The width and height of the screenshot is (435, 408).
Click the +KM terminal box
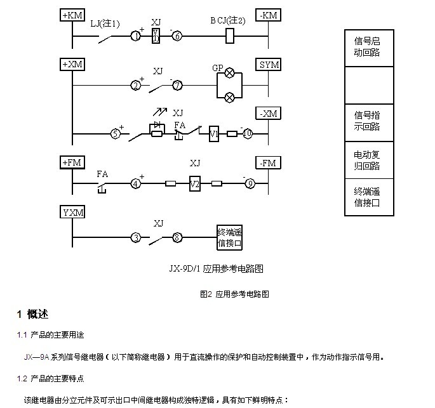[72, 15]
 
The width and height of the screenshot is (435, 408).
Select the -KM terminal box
[268, 15]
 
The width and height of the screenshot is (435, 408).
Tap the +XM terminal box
[72, 64]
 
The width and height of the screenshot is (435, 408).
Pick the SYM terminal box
[268, 64]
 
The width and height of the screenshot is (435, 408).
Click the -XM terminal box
[268, 114]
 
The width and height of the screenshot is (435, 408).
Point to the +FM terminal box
[72, 163]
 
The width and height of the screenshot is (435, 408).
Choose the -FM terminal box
[268, 163]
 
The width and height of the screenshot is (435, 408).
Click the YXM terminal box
[72, 212]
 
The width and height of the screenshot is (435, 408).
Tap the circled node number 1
[135, 36]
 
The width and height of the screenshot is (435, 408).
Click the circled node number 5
[116, 134]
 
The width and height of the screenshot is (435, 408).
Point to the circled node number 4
[135, 184]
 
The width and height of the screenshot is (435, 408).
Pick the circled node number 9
[250, 184]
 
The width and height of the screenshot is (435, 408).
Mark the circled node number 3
[135, 239]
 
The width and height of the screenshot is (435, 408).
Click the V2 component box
[194, 184]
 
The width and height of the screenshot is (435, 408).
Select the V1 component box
[214, 134]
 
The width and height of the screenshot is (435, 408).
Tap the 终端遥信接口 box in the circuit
[230, 237]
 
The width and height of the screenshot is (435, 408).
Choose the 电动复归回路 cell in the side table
[367, 161]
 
